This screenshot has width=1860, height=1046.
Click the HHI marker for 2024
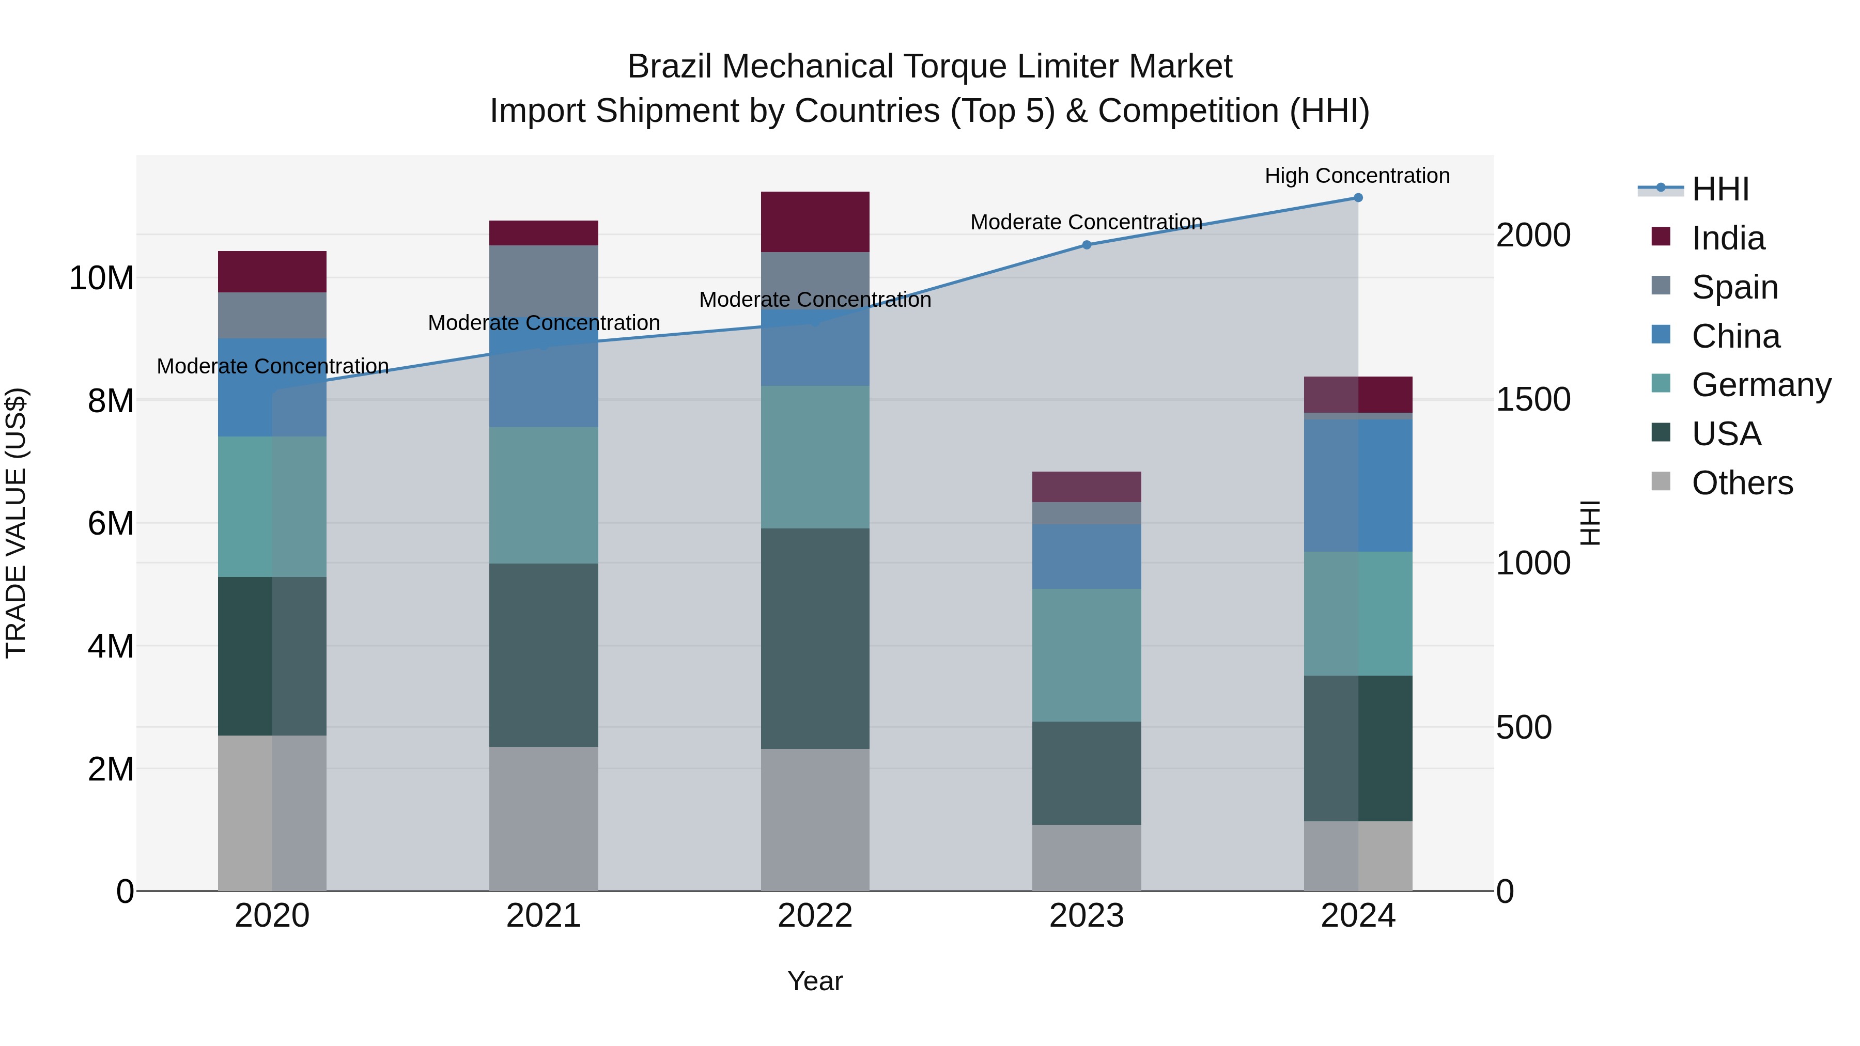click(1357, 198)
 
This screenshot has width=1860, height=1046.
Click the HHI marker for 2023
click(1086, 245)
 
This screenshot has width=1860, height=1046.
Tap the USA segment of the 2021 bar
click(543, 655)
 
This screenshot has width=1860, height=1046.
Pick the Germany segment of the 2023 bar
click(1086, 655)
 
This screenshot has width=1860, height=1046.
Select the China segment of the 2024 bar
click(1357, 486)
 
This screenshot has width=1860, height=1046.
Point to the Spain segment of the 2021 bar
click(543, 282)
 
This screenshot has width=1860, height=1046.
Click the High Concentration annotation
click(1357, 176)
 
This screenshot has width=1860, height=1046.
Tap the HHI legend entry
click(1720, 189)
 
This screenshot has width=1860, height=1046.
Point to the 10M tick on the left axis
click(101, 278)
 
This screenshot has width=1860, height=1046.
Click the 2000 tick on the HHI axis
click(1533, 236)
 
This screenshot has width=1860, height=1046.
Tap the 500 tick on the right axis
click(1524, 728)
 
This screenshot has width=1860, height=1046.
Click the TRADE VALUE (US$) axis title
click(16, 523)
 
